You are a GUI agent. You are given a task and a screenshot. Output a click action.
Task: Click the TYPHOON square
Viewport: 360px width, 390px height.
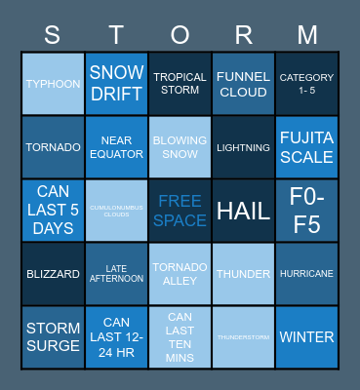pyautogui.click(x=53, y=84)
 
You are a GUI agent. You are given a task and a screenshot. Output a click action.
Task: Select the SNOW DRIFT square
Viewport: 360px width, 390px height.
pyautogui.click(x=116, y=84)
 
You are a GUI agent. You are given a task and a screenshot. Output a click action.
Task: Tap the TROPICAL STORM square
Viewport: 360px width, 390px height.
pyautogui.click(x=180, y=84)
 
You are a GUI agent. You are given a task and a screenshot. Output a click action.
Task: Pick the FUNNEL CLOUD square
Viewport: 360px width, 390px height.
pyautogui.click(x=244, y=84)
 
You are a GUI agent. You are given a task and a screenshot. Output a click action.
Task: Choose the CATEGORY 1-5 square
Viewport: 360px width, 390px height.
pyautogui.click(x=307, y=84)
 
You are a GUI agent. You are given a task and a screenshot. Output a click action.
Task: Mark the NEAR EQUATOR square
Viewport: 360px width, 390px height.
pyautogui.click(x=116, y=147)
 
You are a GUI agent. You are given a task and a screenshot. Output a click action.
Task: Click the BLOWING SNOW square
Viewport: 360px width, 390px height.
pyautogui.click(x=180, y=147)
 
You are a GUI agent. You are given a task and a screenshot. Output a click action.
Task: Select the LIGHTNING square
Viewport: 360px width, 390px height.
pyautogui.click(x=244, y=147)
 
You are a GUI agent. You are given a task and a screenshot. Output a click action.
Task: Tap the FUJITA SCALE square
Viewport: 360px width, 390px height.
pyautogui.click(x=307, y=147)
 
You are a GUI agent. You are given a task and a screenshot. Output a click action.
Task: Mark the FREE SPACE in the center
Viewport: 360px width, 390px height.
pyautogui.click(x=180, y=211)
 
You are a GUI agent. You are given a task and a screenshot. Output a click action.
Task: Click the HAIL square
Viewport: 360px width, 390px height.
pyautogui.click(x=244, y=211)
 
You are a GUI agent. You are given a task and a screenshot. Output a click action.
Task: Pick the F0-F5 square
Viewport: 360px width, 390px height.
pyautogui.click(x=307, y=211)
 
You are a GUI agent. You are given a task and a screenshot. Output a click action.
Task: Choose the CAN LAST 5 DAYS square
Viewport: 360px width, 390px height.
pyautogui.click(x=53, y=211)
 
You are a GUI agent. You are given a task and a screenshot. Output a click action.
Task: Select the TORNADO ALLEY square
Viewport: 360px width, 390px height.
pyautogui.click(x=180, y=274)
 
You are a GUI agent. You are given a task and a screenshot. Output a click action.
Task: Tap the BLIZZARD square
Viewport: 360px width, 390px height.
pyautogui.click(x=53, y=274)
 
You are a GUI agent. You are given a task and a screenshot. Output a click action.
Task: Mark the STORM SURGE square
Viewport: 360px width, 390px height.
pyautogui.click(x=53, y=337)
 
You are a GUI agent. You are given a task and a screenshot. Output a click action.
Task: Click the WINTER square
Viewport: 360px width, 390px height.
pyautogui.click(x=307, y=337)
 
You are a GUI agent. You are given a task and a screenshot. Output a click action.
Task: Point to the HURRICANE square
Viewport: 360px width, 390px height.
pyautogui.click(x=307, y=274)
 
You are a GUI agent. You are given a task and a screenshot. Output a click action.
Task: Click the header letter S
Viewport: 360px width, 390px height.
pyautogui.click(x=53, y=35)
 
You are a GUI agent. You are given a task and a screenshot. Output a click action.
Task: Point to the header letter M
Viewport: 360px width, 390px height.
pyautogui.click(x=307, y=35)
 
